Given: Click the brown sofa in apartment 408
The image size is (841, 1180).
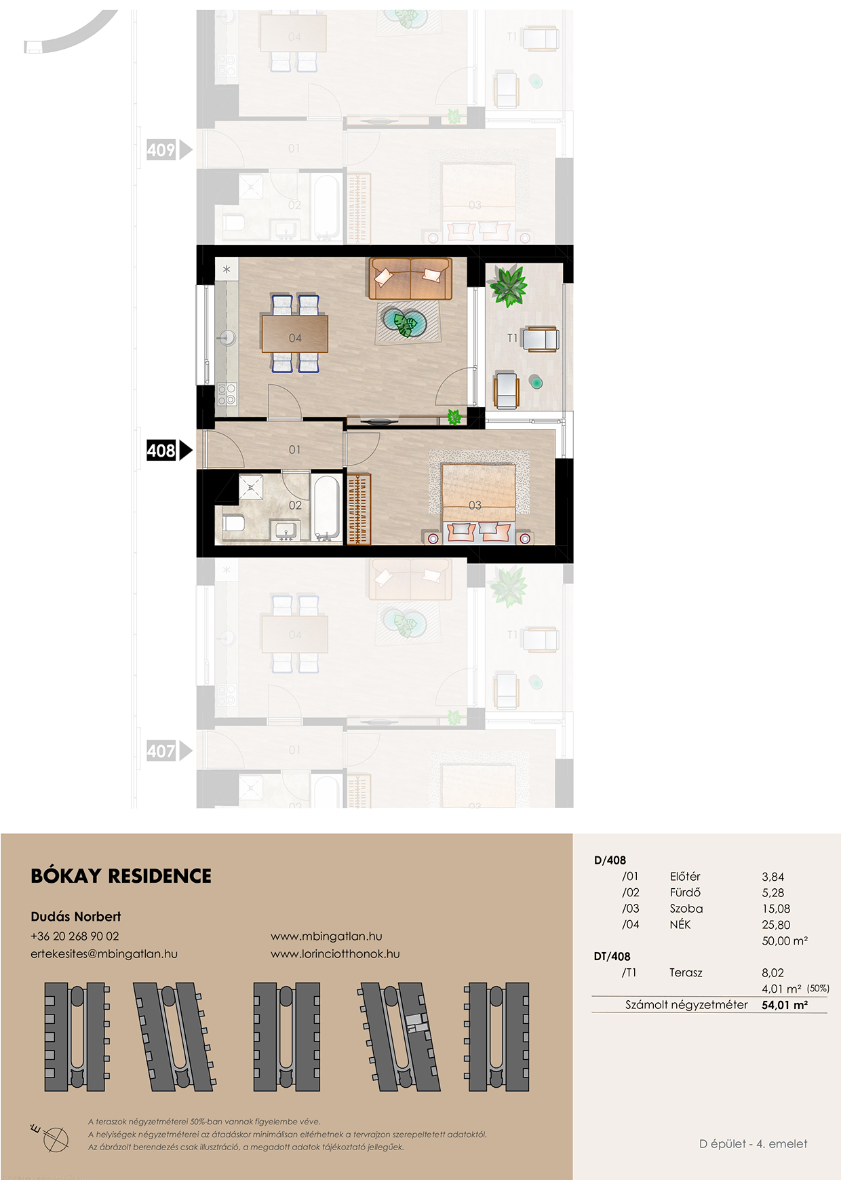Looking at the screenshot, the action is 410,278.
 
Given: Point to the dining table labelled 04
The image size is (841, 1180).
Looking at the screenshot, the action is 295,334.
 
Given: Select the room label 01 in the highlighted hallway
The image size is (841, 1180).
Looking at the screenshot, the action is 294,449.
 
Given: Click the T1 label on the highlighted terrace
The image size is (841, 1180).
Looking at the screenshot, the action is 512,338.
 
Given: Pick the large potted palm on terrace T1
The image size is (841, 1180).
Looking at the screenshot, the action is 509,286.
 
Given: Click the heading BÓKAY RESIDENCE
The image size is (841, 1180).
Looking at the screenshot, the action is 121,876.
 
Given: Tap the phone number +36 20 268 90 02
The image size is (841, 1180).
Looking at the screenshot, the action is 75,936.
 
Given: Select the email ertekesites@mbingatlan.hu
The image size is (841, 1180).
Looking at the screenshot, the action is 104,953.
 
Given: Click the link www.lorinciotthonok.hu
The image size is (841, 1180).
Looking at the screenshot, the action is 335,953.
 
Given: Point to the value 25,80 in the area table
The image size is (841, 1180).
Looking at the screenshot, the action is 776,924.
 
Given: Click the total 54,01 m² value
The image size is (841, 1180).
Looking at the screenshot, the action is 785,1005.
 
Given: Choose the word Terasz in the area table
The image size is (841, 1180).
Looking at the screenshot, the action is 686,972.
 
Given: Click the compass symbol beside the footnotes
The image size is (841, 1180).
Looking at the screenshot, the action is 52,1137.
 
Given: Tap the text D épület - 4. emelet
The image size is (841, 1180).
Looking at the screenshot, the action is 754,1143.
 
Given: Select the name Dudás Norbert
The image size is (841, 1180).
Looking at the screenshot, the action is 76,917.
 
